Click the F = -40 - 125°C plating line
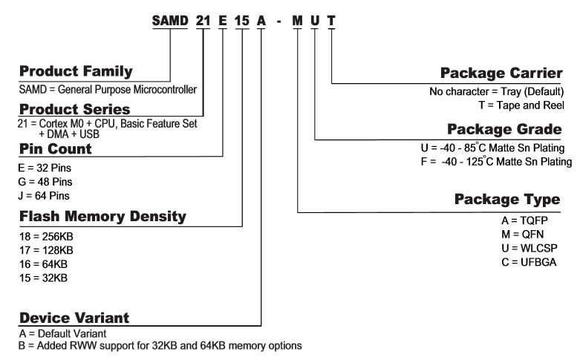pos(494,163)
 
